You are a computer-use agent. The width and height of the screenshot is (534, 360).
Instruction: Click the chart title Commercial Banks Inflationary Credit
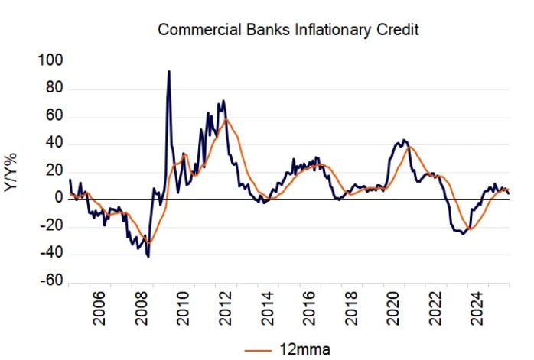(x=289, y=30)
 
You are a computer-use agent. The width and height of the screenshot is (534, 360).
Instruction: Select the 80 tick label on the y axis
(x=54, y=89)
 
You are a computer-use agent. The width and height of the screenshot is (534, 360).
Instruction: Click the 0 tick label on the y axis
(x=57, y=199)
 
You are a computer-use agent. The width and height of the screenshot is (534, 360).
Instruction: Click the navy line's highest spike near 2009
(x=168, y=71)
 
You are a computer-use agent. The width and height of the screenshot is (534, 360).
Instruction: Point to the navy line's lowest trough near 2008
(x=148, y=256)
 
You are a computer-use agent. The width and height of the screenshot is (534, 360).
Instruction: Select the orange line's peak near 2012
(x=226, y=120)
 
